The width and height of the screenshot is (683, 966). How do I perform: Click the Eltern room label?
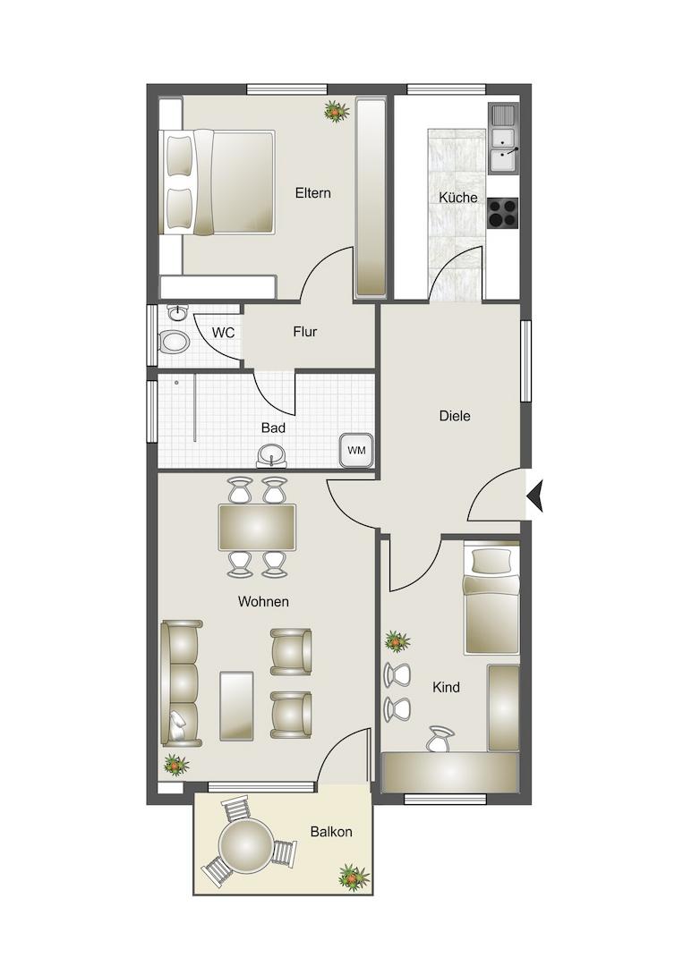click(312, 193)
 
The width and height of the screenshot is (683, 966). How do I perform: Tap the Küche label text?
click(458, 197)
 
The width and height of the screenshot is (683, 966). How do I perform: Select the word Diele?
click(455, 416)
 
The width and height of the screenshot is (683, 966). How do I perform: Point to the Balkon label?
click(331, 832)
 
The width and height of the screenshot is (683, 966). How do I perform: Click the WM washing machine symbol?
click(356, 450)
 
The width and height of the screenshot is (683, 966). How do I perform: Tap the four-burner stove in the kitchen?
click(503, 213)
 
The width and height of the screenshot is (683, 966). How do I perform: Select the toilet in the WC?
click(174, 342)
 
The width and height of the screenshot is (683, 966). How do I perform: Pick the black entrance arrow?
click(534, 496)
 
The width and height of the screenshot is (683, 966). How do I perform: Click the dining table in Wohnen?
click(257, 528)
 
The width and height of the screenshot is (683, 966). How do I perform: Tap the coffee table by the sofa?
click(236, 706)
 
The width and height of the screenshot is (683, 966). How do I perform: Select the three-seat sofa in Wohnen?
click(181, 683)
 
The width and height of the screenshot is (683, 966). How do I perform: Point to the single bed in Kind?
click(491, 597)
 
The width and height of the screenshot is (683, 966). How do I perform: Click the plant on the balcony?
click(354, 877)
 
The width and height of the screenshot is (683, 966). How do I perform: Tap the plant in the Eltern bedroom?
click(336, 112)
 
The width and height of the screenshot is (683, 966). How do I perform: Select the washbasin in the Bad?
click(272, 456)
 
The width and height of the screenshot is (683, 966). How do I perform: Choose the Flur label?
click(304, 332)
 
